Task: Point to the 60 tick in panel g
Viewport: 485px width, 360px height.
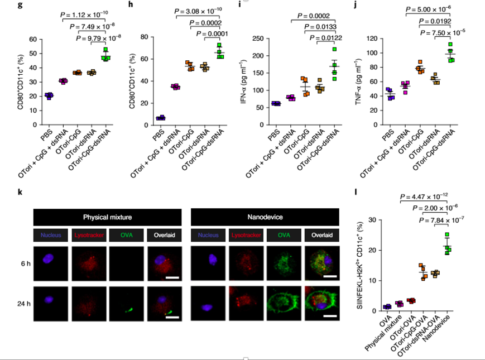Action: pos(32,40)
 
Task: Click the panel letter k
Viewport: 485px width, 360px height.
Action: pos(21,193)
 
